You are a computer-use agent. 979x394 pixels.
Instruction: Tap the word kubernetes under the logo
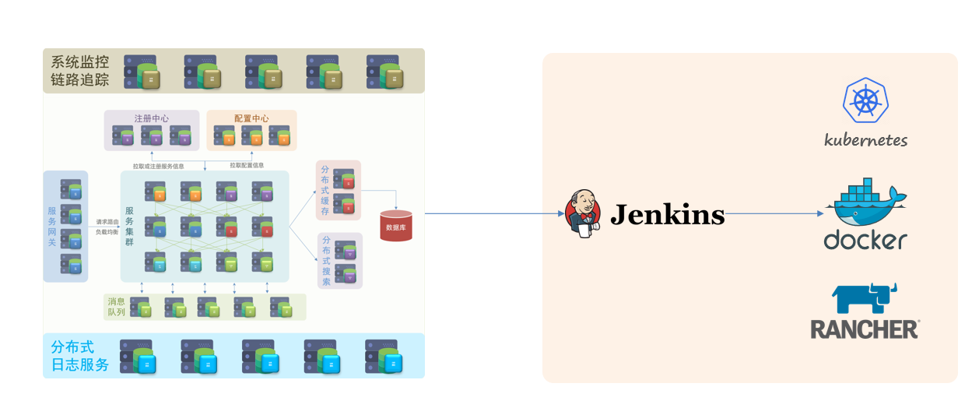coord(865,141)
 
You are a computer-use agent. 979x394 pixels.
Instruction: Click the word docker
coord(865,240)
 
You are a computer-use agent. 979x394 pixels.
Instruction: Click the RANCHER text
coord(864,329)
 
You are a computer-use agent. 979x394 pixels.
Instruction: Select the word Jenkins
coord(667,214)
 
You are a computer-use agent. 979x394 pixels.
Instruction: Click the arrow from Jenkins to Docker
coord(774,213)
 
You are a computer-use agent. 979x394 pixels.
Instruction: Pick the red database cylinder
coord(396,226)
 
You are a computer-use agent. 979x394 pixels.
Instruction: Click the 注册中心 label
coord(152,118)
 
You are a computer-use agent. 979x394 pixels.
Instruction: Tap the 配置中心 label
coord(251,118)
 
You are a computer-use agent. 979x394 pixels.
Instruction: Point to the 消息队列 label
coord(116,307)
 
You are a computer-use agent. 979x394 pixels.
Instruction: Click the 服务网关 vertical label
coord(52,227)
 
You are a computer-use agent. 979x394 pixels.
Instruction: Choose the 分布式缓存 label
coord(325,191)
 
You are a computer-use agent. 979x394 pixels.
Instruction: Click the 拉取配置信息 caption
coord(247,165)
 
